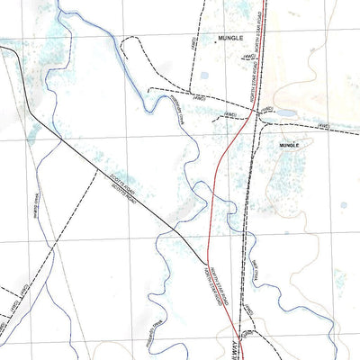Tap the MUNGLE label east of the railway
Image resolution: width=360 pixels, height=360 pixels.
(x=289, y=144)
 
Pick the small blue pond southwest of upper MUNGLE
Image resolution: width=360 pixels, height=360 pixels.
(x=204, y=75)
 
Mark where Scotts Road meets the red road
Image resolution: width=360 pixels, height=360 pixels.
(x=208, y=254)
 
